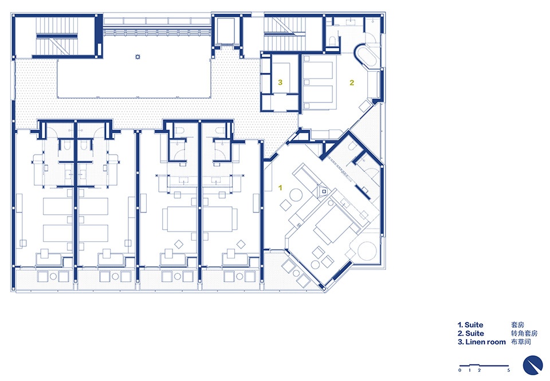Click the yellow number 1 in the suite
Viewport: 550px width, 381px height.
coord(280,188)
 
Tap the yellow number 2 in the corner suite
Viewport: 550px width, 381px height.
coord(352,83)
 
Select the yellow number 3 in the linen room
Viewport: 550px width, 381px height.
coord(280,83)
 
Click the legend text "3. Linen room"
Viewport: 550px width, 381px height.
coord(482,342)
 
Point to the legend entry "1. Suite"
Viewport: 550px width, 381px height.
coord(470,325)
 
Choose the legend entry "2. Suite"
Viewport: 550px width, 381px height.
coord(471,333)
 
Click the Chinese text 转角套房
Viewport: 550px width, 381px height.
coord(524,333)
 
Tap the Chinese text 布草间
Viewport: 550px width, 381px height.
coord(521,342)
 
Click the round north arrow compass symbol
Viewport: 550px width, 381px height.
coord(532,365)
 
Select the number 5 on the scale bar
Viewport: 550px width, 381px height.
coord(508,370)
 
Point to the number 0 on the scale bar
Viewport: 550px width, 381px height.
coord(460,370)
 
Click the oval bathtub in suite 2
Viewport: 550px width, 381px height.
coord(367,56)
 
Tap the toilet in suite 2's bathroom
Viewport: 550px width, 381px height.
coord(332,42)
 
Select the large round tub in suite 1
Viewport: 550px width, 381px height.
coord(367,250)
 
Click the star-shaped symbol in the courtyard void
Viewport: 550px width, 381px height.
coord(138,57)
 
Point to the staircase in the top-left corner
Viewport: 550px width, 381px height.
coord(57,36)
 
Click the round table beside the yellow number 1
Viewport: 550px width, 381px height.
coord(296,195)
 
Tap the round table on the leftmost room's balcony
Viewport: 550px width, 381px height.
coord(53,277)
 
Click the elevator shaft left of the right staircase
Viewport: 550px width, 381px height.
coord(226,30)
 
